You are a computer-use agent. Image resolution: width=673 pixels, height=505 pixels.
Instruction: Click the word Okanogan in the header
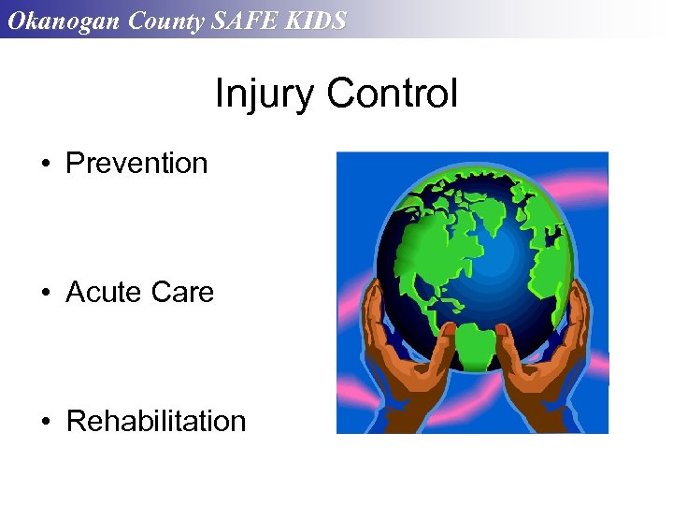(61, 20)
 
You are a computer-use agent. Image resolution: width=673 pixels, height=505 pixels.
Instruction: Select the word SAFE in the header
(245, 20)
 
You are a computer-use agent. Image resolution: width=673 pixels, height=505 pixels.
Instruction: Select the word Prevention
(136, 164)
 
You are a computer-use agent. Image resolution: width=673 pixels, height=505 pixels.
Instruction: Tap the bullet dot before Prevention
(45, 165)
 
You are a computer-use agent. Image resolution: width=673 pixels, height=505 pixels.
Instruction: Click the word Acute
(99, 293)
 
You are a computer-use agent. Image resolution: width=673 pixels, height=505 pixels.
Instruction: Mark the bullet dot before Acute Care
(45, 294)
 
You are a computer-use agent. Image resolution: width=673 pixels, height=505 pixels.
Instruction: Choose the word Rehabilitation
(156, 422)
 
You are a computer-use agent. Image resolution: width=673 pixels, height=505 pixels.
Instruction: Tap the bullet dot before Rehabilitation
(45, 423)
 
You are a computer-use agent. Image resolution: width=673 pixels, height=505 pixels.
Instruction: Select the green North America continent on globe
(430, 243)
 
